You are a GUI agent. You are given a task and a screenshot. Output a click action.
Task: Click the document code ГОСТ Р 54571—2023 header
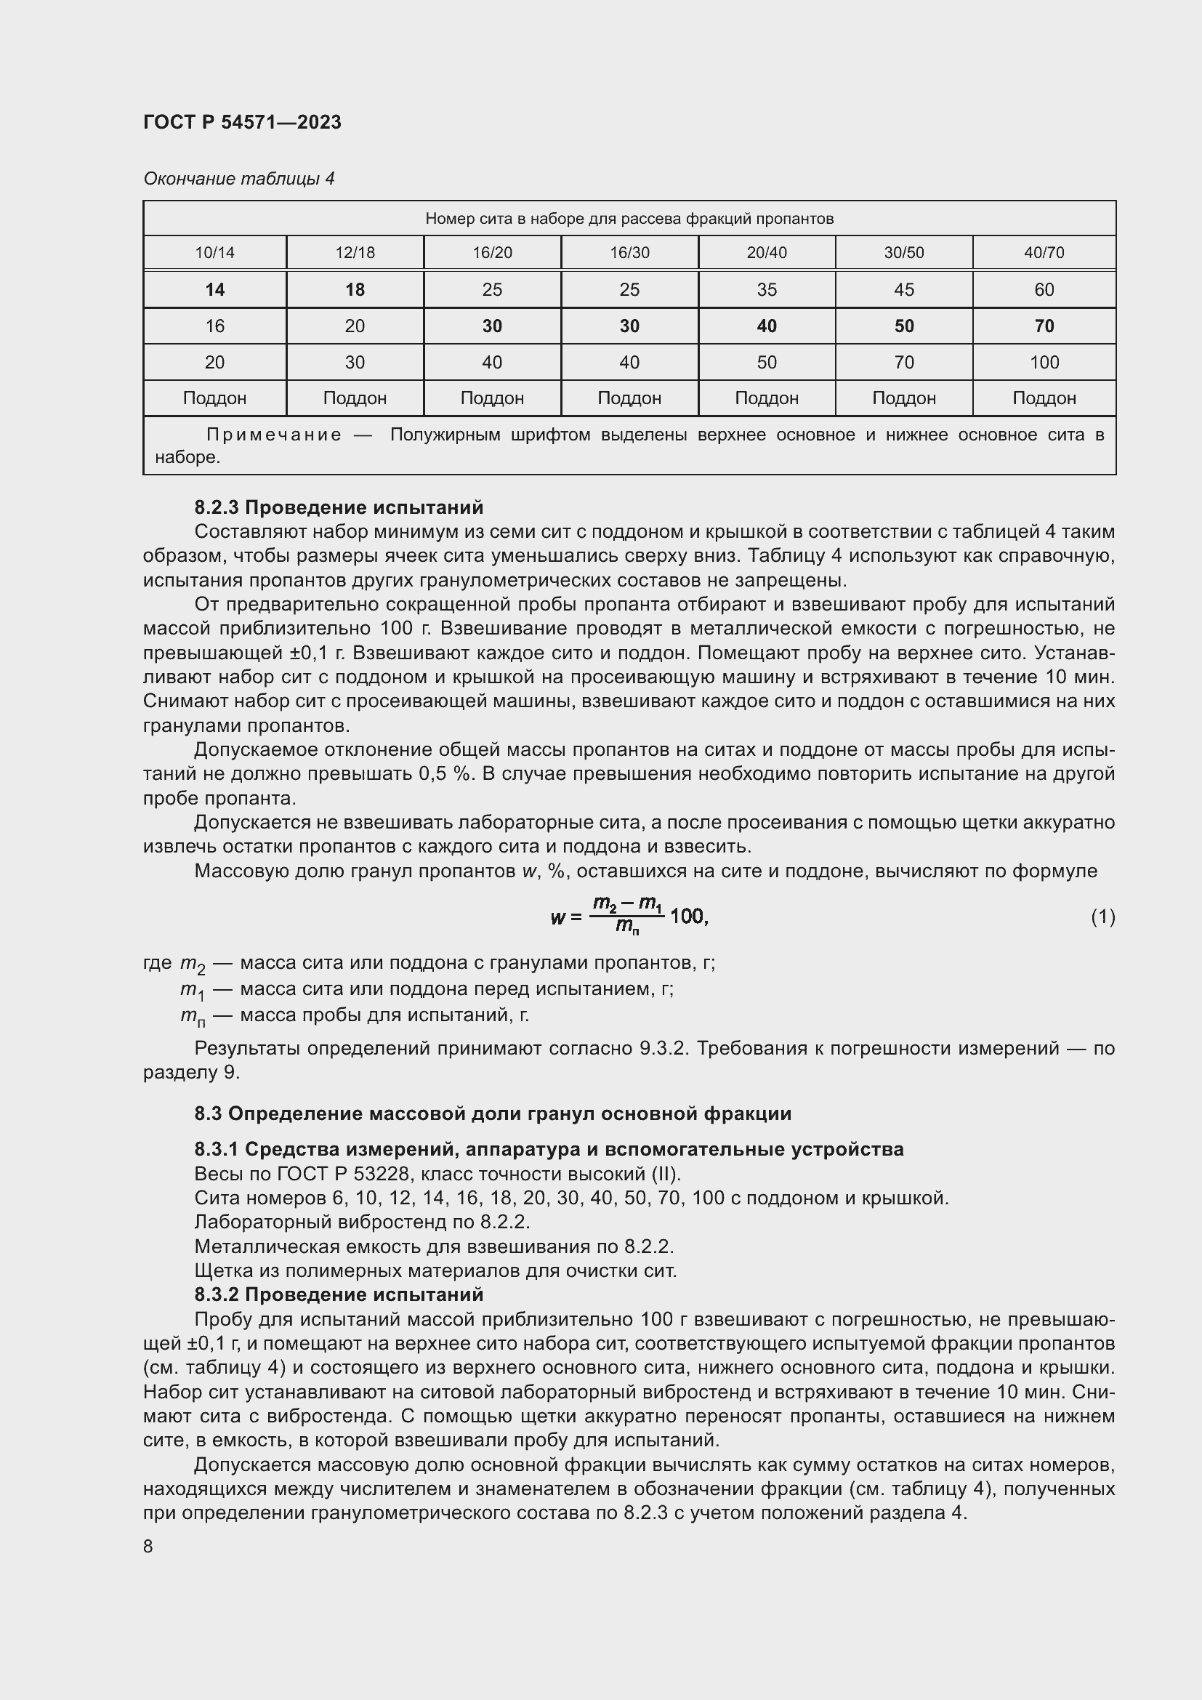242,122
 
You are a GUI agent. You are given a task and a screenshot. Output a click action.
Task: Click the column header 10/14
214,252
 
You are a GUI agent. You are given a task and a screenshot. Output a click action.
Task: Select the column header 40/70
1044,252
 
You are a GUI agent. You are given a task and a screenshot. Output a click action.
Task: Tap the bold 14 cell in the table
214,289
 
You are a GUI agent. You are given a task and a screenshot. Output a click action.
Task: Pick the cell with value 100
1044,362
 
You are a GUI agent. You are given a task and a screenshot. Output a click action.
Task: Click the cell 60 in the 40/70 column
1044,289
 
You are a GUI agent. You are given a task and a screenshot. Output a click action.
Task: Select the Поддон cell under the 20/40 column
766,398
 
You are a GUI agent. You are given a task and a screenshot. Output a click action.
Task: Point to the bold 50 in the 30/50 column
904,326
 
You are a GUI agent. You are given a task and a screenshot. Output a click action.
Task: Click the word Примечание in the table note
274,435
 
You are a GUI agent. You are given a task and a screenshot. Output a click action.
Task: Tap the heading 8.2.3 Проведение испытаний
338,507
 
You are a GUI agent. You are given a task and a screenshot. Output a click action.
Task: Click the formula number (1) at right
1102,917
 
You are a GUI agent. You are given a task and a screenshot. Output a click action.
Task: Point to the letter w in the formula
557,917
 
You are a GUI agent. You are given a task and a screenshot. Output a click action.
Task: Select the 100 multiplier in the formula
686,917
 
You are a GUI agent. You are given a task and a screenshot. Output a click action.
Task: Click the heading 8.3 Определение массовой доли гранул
492,1113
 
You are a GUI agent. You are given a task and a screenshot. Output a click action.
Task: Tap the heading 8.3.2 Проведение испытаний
338,1294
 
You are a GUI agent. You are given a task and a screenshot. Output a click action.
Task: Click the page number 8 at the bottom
148,1546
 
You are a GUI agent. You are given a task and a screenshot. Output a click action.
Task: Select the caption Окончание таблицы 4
238,179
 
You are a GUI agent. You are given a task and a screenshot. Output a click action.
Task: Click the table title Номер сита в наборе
629,219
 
